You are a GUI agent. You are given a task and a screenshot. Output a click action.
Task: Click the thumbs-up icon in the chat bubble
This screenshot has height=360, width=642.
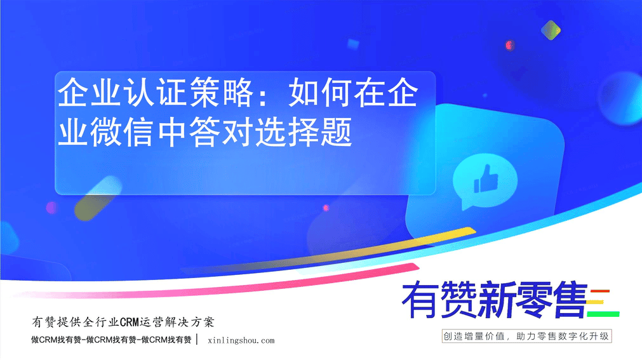click(x=486, y=178)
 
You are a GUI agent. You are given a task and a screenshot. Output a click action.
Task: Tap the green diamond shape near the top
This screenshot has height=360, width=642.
click(x=551, y=30)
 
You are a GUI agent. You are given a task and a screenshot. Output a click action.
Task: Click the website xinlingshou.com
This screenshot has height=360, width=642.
click(x=241, y=340)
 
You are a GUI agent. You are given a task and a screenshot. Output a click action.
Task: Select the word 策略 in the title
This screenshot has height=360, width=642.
click(x=222, y=93)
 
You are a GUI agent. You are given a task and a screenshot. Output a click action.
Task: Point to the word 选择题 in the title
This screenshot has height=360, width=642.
click(x=304, y=131)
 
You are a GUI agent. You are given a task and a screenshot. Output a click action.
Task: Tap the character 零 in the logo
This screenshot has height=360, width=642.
click(x=532, y=300)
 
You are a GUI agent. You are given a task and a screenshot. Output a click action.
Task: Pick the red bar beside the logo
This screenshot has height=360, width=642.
click(x=600, y=291)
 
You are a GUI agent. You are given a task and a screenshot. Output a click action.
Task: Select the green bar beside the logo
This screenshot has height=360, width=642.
click(x=603, y=314)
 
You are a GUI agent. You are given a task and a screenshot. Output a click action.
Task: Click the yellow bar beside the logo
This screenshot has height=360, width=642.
click(x=595, y=302)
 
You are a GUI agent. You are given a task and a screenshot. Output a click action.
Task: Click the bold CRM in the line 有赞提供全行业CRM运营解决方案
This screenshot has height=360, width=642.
click(x=130, y=323)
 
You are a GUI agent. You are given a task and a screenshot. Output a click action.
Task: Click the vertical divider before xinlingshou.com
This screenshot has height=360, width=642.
click(x=197, y=340)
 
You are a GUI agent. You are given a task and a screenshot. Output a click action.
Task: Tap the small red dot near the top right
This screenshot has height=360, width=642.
click(x=509, y=45)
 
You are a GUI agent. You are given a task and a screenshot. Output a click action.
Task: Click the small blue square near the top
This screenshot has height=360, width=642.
click(x=353, y=44)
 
